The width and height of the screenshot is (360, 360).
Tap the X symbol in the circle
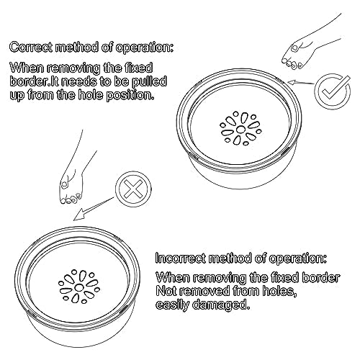point(133,189)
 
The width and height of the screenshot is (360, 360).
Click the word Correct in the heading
point(30,47)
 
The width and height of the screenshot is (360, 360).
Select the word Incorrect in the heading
point(180,258)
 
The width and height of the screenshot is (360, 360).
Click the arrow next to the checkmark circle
point(301,83)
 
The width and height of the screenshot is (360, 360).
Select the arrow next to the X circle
point(94,208)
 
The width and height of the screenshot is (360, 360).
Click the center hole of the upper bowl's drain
point(240,130)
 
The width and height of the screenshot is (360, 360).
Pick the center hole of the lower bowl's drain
point(78,287)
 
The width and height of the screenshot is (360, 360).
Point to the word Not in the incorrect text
point(166,291)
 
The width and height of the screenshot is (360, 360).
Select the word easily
point(172,305)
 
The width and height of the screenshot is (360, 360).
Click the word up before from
point(17,96)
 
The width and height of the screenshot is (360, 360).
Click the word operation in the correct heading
point(145,48)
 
